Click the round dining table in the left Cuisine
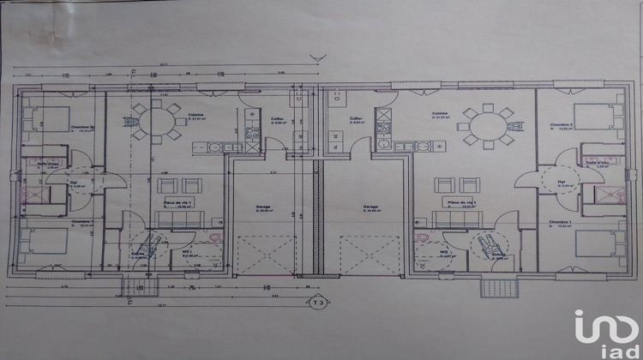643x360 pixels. click(x=157, y=121)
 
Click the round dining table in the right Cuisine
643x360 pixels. click(x=485, y=126)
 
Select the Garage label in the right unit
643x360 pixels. click(x=370, y=207)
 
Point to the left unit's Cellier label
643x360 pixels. click(x=278, y=119)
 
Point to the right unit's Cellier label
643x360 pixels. click(x=356, y=119)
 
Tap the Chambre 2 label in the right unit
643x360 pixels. click(x=562, y=124)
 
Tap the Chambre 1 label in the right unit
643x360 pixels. click(x=560, y=223)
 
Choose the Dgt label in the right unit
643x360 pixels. click(x=562, y=183)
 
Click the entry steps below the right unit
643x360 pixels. click(x=497, y=285)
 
